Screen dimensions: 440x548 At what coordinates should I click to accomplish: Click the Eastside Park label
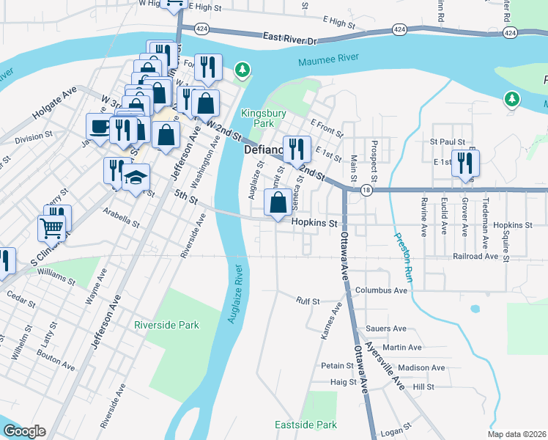(306, 425)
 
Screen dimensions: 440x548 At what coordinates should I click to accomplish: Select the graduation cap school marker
(136, 177)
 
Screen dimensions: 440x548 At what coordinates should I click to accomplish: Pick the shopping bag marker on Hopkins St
(278, 203)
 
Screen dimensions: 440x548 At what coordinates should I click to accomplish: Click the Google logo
(24, 431)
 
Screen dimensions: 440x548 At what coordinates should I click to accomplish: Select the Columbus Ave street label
(380, 290)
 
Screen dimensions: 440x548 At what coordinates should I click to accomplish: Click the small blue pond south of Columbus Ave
(475, 309)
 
